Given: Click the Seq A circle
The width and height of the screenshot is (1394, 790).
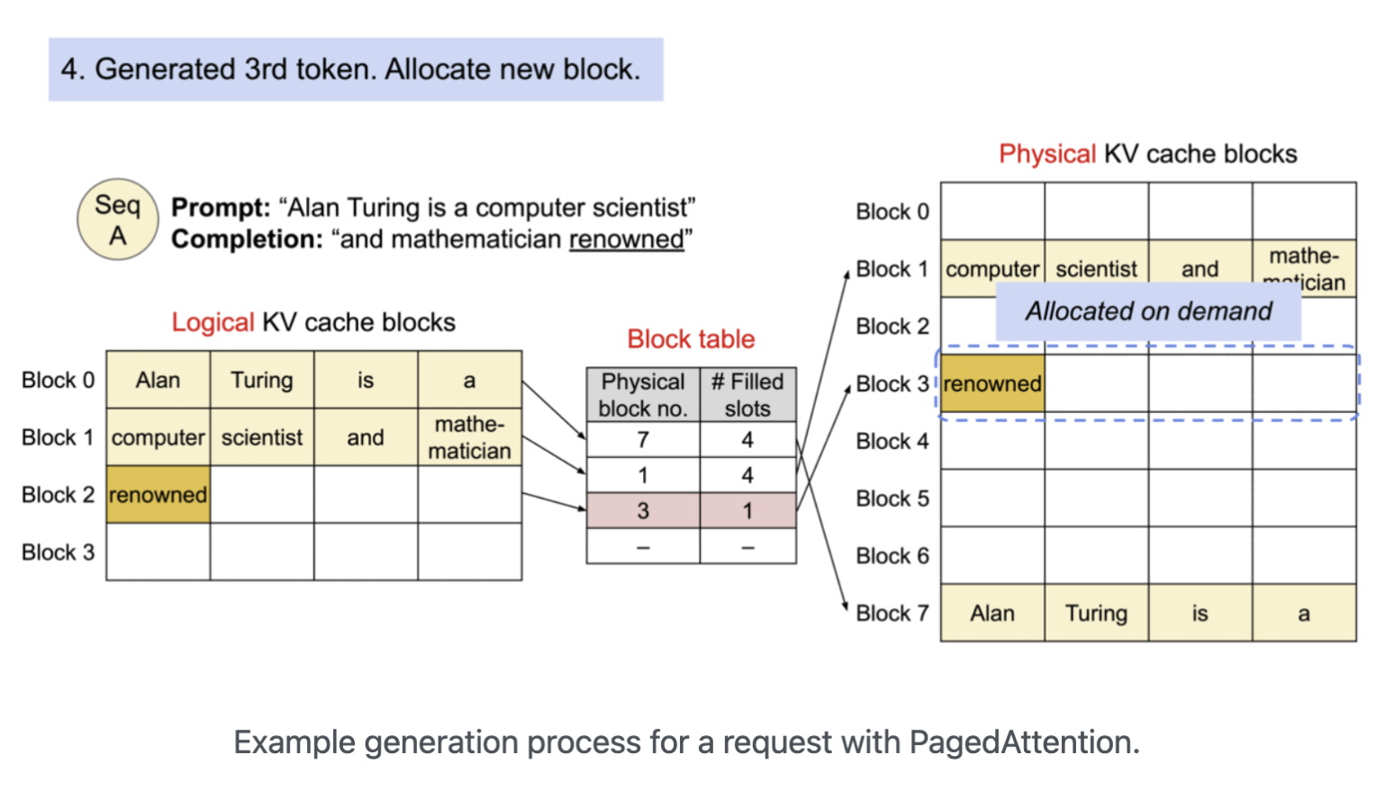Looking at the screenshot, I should click(118, 220).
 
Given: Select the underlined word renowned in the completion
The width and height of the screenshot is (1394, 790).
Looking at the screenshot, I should click(626, 239).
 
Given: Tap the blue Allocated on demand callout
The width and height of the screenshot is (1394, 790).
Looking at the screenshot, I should click(1148, 311).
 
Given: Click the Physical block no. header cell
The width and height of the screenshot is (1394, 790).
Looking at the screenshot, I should click(643, 395).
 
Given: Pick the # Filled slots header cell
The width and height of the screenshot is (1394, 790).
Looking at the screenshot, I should click(747, 395).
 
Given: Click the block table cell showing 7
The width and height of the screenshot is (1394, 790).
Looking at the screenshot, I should click(643, 440).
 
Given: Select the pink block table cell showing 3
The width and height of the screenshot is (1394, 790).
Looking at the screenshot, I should click(643, 511).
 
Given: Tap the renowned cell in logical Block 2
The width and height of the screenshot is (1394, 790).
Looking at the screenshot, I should click(158, 495).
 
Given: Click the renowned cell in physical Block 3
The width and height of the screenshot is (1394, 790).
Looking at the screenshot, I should click(992, 384).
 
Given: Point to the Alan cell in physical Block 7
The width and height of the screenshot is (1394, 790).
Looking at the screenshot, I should click(992, 614).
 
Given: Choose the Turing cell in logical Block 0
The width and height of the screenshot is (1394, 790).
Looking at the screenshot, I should click(262, 381).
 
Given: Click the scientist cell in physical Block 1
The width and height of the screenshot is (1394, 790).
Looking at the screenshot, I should click(1096, 269).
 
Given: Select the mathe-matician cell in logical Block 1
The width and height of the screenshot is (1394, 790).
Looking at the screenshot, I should click(469, 437).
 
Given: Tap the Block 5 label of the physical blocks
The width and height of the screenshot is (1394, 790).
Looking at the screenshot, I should click(892, 498).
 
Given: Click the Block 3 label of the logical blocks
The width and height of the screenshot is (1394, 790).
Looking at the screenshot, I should click(58, 552).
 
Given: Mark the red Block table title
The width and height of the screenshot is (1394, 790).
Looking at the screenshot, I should click(691, 339).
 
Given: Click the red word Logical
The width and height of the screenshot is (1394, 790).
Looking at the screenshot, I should click(213, 322).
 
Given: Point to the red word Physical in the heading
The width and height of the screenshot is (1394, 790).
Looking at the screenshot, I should click(1047, 154).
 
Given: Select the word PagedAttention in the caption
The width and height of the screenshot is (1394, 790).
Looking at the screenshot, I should click(1019, 742).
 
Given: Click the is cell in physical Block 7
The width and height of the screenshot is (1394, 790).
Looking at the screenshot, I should click(1199, 614).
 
